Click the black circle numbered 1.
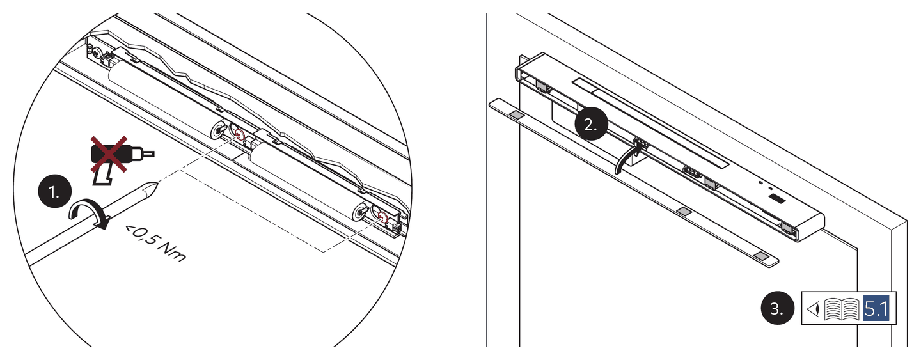[55, 191]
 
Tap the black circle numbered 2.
[591, 123]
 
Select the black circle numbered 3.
[777, 308]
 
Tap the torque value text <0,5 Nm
[156, 243]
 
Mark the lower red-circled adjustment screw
[383, 217]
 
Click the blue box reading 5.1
[876, 308]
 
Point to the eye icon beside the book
[814, 309]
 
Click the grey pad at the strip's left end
[516, 114]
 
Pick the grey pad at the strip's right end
[762, 256]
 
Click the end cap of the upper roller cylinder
[217, 130]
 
